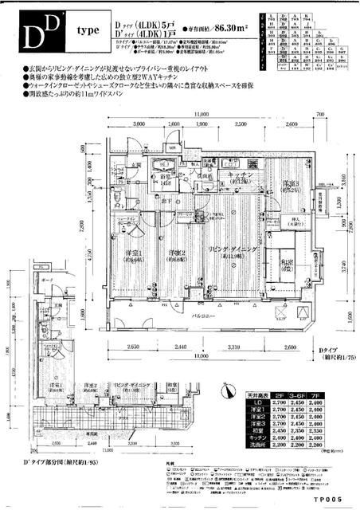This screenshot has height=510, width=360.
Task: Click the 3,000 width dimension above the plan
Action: click(x=143, y=124)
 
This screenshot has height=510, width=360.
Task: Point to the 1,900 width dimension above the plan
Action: click(x=202, y=124)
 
